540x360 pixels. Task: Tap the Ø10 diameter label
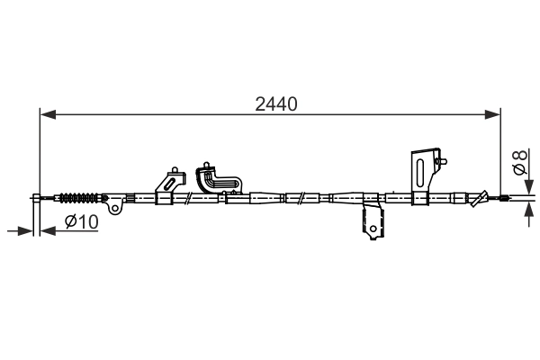81,222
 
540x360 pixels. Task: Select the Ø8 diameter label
519,163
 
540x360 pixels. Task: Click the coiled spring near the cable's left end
79,198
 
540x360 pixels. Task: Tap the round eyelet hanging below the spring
114,209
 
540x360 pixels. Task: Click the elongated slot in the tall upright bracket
418,170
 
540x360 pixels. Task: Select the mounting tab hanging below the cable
370,222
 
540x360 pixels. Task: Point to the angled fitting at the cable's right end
484,197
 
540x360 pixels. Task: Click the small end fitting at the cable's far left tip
37,198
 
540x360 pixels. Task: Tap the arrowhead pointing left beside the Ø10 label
47,231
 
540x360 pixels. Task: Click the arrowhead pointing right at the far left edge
25,231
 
